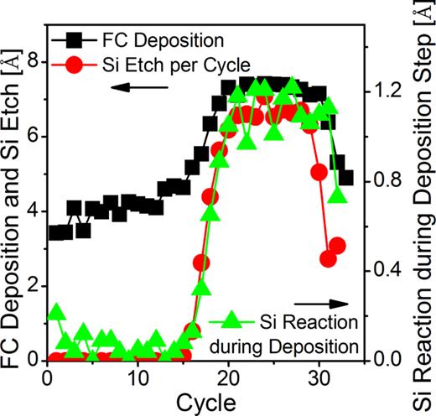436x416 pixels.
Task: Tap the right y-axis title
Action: point(420,205)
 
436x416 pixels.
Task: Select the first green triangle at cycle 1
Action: point(56,312)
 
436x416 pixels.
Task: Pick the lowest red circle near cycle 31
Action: point(329,258)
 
